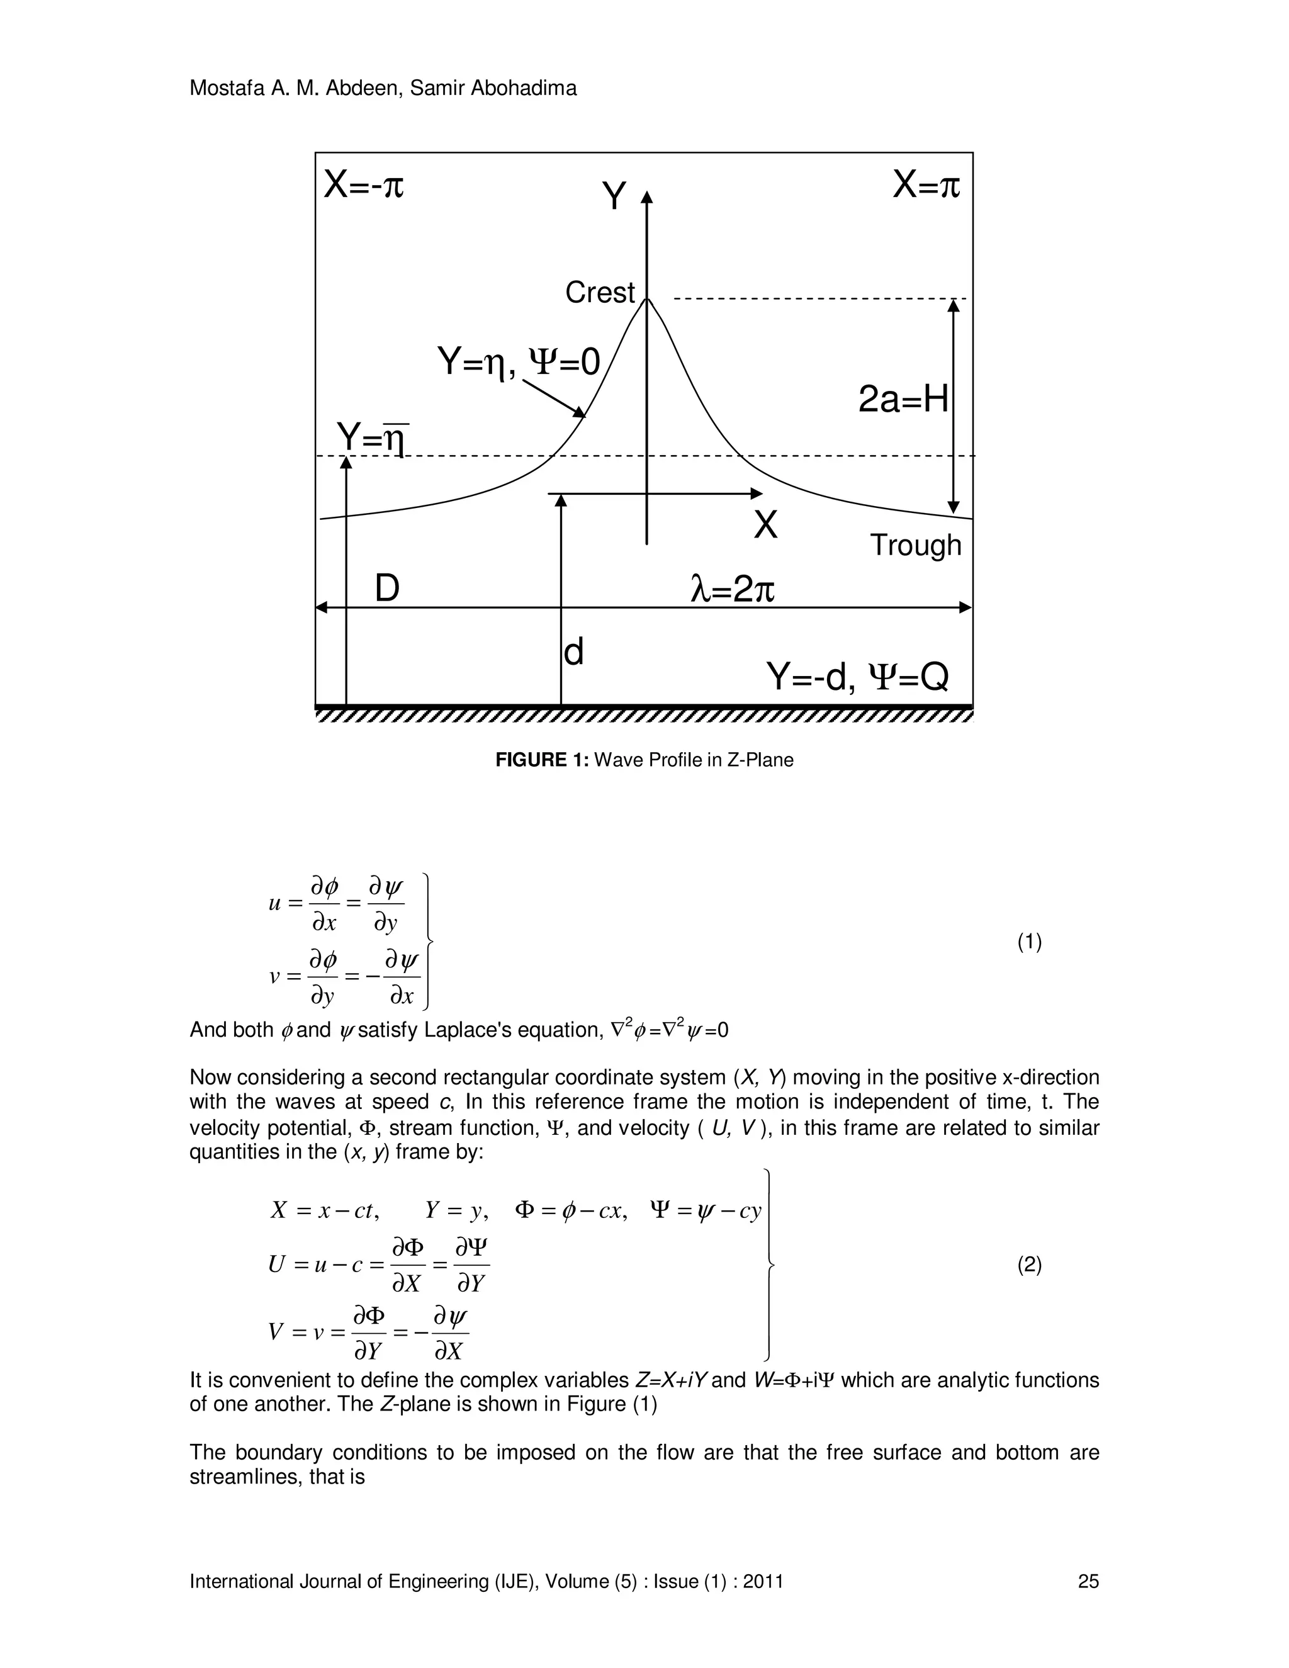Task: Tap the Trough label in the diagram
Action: [916, 545]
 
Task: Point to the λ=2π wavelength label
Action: [733, 589]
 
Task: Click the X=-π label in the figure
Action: [364, 185]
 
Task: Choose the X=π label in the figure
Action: [926, 185]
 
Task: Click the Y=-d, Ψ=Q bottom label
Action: [857, 677]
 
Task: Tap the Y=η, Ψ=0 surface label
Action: [519, 361]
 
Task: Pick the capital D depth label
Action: [387, 589]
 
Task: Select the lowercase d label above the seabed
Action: [573, 652]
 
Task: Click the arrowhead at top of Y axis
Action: [647, 197]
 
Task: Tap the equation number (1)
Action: [1028, 942]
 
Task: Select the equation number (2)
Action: [1028, 1266]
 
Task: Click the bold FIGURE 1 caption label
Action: [542, 760]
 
